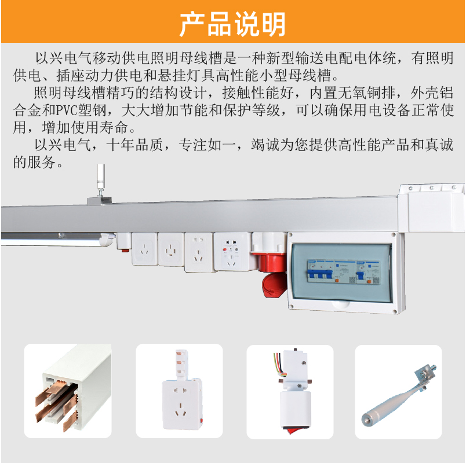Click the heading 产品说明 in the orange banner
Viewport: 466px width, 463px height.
coord(232,24)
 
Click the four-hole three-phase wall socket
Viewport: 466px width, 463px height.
coord(171,249)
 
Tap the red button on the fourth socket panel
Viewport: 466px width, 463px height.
coord(225,250)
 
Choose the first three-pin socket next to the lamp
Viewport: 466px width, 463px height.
coord(144,249)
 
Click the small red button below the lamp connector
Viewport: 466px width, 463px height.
coord(125,251)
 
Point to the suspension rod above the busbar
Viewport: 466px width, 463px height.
coord(101,177)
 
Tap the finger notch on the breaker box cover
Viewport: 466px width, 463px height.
coord(341,304)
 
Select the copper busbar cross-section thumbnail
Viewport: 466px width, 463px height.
coord(68,391)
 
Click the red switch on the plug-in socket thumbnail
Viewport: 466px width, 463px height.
coord(202,420)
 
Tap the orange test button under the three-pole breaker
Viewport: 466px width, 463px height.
coord(337,281)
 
